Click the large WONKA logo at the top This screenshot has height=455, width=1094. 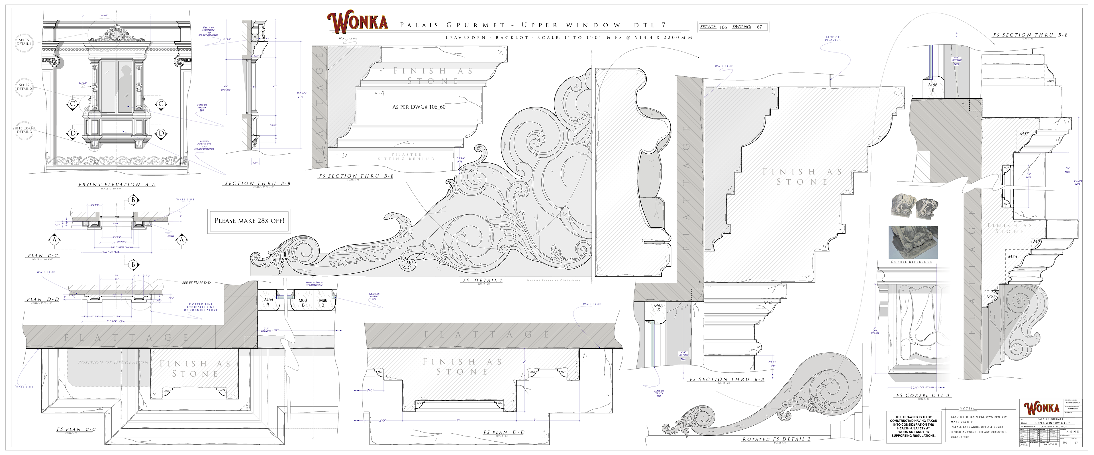coord(357,23)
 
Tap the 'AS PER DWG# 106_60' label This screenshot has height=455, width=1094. coord(419,107)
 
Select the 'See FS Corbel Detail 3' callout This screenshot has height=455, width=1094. coord(24,130)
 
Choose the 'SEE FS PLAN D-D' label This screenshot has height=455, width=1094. coord(196,283)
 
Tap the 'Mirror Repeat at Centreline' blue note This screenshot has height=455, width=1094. coord(314,283)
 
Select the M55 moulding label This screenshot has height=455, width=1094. coord(1024,134)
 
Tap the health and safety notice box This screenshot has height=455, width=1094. coord(913,426)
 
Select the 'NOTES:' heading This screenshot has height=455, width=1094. coord(966,409)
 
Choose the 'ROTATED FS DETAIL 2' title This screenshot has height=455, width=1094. coord(776,439)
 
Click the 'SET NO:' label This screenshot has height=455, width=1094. coord(708,27)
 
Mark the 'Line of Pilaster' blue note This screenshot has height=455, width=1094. coord(833,39)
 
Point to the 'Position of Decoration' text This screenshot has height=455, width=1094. coord(113,362)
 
